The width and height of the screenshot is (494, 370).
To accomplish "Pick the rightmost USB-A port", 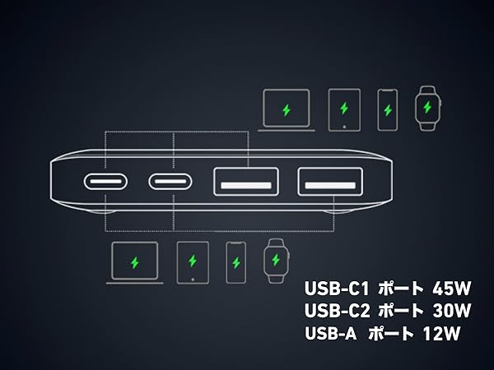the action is pos(328,181).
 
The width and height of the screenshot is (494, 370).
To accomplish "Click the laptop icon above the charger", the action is pos(286,110).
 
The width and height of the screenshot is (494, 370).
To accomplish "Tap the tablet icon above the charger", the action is pos(343,109).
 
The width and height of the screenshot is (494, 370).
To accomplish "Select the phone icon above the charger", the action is pos(388,108).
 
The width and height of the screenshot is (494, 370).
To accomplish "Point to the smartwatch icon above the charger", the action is pos(426,106).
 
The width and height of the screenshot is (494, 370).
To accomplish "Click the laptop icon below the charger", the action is pos(135,263).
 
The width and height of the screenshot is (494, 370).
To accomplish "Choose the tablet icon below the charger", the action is pos(193,262).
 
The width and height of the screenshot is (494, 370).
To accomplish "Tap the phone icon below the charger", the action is pos(236,263).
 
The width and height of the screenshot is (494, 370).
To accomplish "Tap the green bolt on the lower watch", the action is pos(275,261).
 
